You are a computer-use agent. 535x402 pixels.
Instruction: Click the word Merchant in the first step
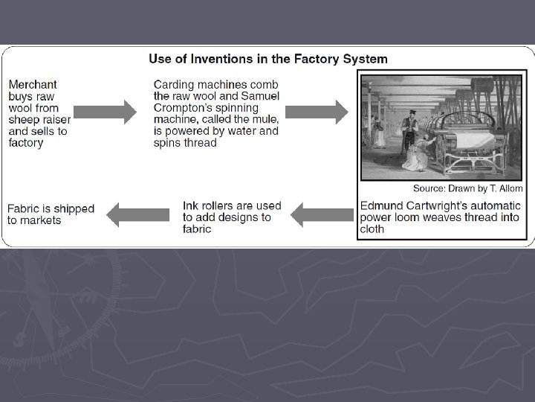pos(33,84)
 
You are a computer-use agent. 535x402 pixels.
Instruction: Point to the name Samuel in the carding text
pos(259,95)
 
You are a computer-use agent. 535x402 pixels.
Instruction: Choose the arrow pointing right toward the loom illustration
pos(317,112)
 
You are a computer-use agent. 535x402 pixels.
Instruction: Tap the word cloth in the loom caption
pos(372,229)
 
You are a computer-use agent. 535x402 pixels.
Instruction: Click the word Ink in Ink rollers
pos(192,205)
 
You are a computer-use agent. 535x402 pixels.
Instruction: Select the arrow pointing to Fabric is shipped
pos(138,215)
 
